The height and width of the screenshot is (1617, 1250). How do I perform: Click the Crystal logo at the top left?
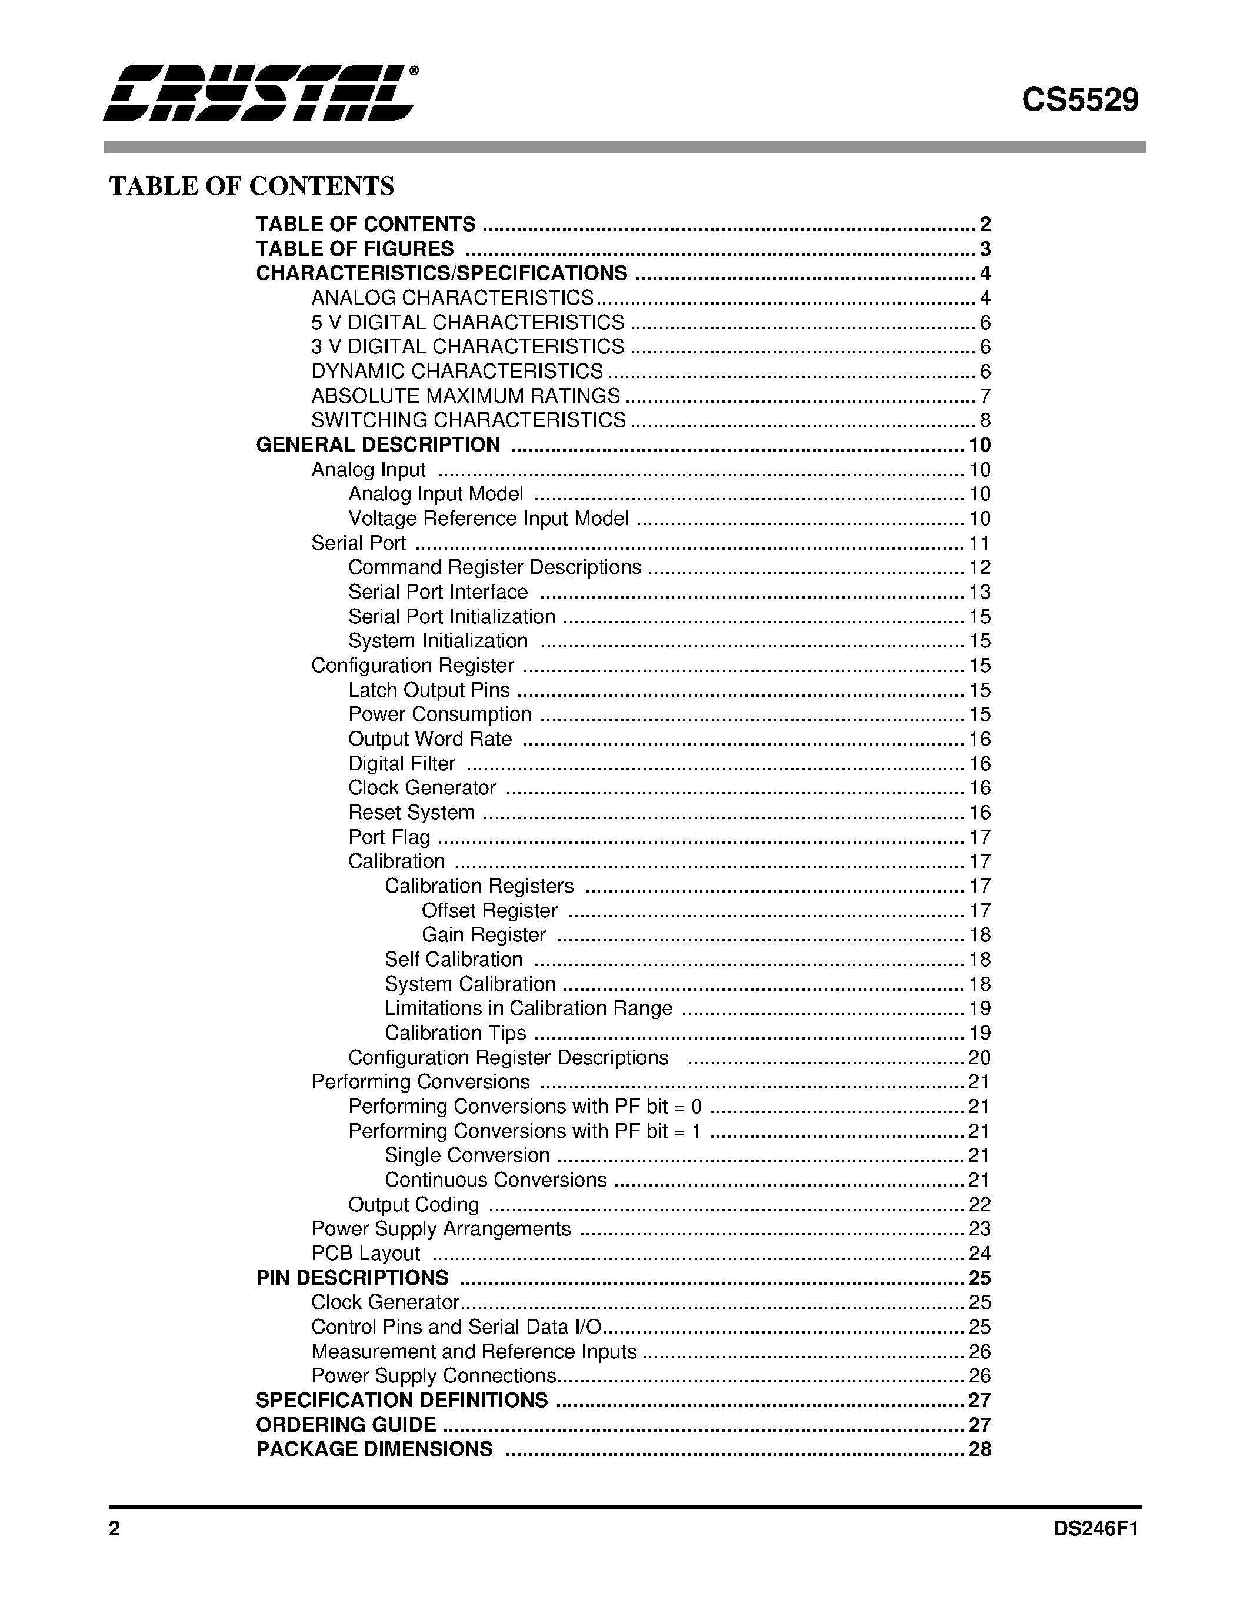pyautogui.click(x=259, y=92)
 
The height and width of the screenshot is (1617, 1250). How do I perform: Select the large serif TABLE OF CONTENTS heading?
pyautogui.click(x=252, y=186)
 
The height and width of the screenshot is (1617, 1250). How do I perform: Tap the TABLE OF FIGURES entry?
pyautogui.click(x=355, y=249)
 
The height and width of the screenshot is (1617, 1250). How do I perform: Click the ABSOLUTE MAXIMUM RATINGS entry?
pyautogui.click(x=465, y=396)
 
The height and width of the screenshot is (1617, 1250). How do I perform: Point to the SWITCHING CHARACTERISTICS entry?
pyautogui.click(x=468, y=420)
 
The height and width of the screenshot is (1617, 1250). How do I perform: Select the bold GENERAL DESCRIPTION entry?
pyautogui.click(x=378, y=445)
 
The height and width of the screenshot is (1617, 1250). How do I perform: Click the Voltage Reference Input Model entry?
pyautogui.click(x=488, y=518)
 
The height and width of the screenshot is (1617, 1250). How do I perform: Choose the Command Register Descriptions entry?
pyautogui.click(x=495, y=567)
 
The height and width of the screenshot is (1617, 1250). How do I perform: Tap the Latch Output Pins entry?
pyautogui.click(x=429, y=690)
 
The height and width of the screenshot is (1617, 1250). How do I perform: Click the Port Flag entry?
pyautogui.click(x=389, y=837)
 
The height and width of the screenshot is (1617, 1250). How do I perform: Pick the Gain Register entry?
pyautogui.click(x=484, y=935)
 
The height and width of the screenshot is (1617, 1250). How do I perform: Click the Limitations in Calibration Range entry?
pyautogui.click(x=528, y=1008)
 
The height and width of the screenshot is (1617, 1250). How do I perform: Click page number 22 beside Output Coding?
pyautogui.click(x=979, y=1205)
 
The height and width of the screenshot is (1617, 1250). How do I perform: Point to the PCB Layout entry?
pyautogui.click(x=365, y=1254)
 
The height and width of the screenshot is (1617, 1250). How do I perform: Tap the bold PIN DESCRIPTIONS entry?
pyautogui.click(x=352, y=1278)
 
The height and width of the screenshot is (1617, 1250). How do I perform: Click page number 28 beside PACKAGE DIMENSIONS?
pyautogui.click(x=979, y=1449)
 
